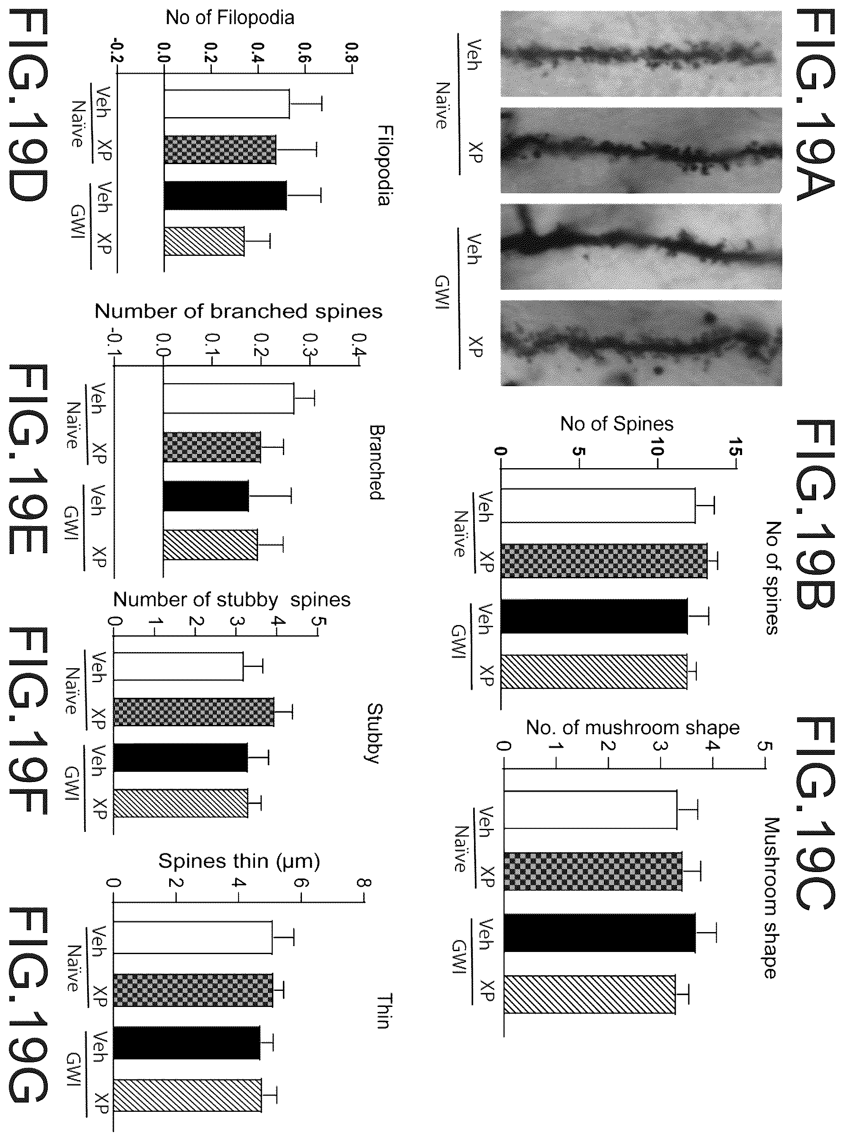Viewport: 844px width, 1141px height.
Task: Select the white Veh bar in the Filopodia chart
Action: [227, 104]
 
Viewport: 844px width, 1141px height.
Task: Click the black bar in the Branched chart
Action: [206, 496]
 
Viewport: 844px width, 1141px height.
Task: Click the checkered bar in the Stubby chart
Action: [194, 712]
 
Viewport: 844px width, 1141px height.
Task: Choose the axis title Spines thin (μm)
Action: [239, 861]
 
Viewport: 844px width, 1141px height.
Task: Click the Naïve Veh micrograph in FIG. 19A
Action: [641, 55]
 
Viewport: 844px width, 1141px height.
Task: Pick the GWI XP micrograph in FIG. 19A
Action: [641, 343]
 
